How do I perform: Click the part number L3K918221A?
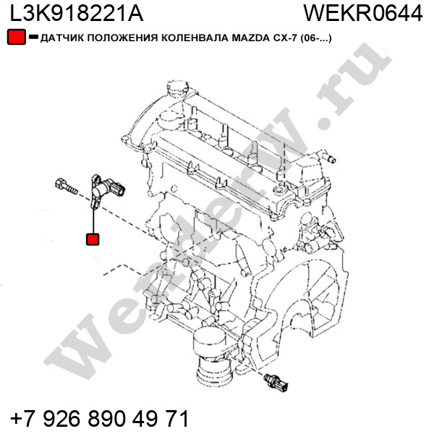(77, 13)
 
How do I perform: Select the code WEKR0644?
(363, 13)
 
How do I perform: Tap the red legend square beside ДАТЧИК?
(17, 37)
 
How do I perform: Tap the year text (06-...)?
(316, 38)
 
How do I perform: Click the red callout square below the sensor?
(93, 239)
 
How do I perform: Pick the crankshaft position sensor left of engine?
(106, 191)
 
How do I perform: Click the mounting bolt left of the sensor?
(67, 187)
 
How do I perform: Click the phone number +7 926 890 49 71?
(99, 418)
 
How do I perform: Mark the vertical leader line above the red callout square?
(94, 221)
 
